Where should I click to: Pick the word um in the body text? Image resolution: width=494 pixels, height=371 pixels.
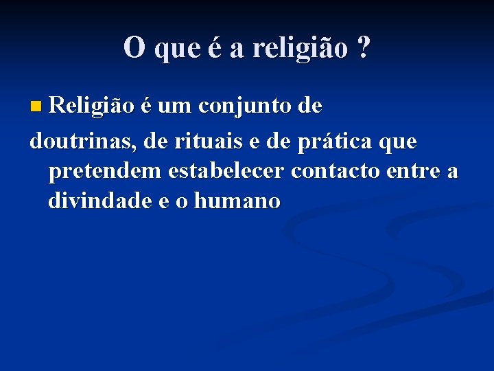click(x=176, y=107)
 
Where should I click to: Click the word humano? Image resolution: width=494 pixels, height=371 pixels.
click(x=237, y=201)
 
